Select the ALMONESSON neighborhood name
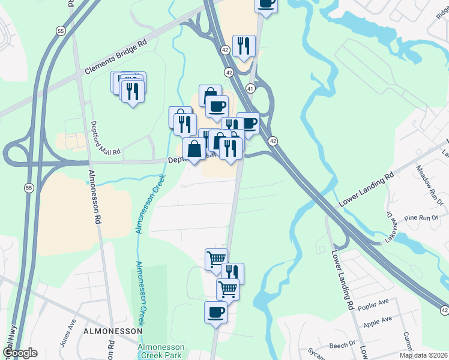113,331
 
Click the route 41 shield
250,88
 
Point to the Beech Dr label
342,346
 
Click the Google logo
19,353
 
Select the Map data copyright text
424,355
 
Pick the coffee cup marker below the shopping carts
215,312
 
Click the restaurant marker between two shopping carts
232,273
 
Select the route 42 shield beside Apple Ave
443,310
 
